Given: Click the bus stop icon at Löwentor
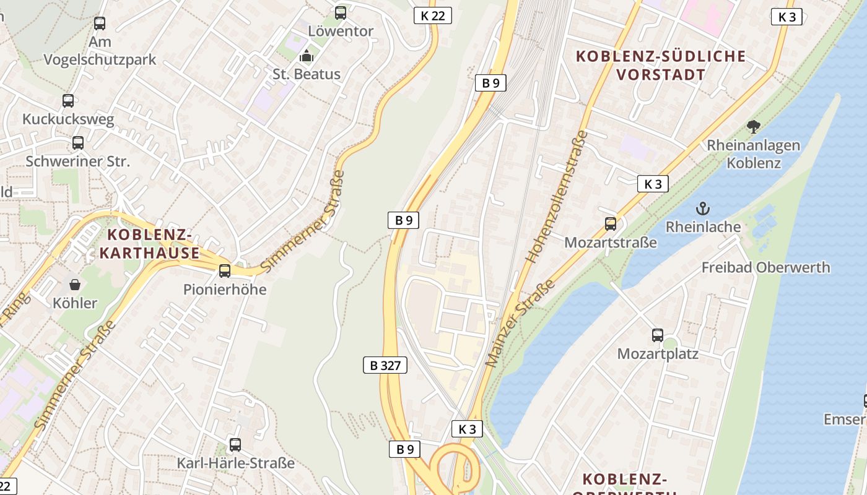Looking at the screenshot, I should click(x=340, y=12).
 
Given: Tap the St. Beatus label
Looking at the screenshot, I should click(x=307, y=74).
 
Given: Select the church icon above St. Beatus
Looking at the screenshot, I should click(x=306, y=56).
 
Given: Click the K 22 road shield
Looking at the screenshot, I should click(x=432, y=15).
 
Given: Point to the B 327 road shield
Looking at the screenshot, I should click(x=385, y=365).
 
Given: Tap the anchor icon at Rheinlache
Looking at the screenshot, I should click(x=703, y=208).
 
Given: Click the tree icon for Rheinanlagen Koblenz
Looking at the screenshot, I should click(x=754, y=127).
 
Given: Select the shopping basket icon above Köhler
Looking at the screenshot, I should click(x=75, y=285).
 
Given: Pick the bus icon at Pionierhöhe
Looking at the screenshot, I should click(x=225, y=270).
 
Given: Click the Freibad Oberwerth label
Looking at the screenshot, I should click(x=765, y=267).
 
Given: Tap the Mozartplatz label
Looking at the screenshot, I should click(x=658, y=354).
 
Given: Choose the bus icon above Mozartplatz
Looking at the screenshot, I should click(x=658, y=335).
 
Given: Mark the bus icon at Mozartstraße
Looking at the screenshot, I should click(x=611, y=224).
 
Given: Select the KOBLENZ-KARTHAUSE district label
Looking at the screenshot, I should click(x=149, y=244).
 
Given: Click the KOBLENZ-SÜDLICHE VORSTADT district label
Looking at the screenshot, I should click(x=661, y=66).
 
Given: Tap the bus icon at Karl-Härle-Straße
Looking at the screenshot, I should click(x=235, y=444).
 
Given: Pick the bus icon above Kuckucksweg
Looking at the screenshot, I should click(x=68, y=100).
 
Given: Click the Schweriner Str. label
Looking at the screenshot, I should click(x=78, y=161).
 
